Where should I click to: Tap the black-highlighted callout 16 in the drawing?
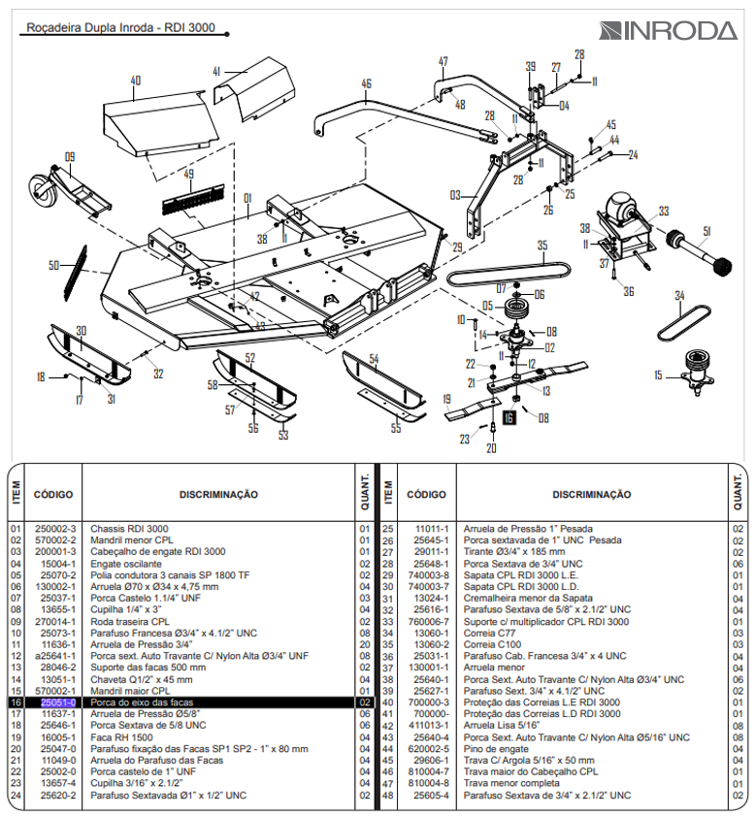point(509,418)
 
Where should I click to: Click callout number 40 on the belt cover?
point(135,81)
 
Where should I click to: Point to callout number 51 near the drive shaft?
point(707,230)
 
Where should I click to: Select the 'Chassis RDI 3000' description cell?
point(125,529)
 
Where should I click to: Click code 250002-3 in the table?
point(56,529)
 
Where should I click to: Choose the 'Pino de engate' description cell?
point(494,749)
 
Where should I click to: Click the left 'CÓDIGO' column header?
point(53,494)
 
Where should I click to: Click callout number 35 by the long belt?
point(542,245)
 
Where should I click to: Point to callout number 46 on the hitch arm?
point(366,83)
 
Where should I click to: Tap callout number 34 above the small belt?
point(679,296)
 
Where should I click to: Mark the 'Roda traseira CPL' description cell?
point(130,621)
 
